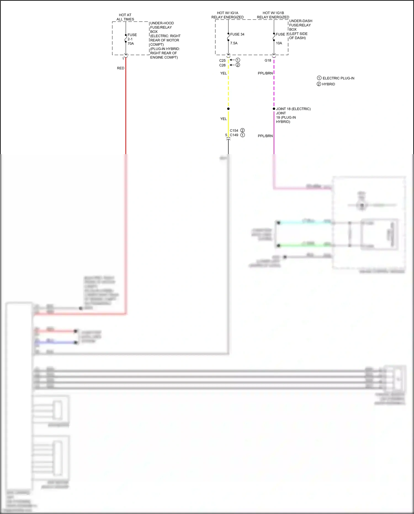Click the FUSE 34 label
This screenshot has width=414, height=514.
tap(237, 34)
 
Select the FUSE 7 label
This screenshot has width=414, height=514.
tap(282, 34)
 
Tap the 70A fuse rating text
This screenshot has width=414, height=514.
tap(131, 44)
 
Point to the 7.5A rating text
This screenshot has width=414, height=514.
tap(234, 43)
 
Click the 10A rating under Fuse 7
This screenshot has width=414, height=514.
tap(279, 43)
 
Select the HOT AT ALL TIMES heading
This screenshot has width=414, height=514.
tap(125, 17)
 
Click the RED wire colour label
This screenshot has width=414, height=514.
tap(121, 68)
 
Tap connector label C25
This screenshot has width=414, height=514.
tap(222, 60)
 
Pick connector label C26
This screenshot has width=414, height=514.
tap(222, 65)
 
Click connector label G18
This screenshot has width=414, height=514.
tap(268, 60)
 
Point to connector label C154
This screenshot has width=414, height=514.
tap(234, 130)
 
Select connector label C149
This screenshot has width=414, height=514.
tap(234, 135)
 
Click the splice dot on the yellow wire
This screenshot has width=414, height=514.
tap(228, 109)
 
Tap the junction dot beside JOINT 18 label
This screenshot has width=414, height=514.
tap(274, 109)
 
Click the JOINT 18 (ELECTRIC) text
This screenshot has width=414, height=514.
tap(293, 109)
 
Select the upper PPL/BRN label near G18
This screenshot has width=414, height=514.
tap(265, 73)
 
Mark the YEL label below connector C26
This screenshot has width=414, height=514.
tap(223, 73)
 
